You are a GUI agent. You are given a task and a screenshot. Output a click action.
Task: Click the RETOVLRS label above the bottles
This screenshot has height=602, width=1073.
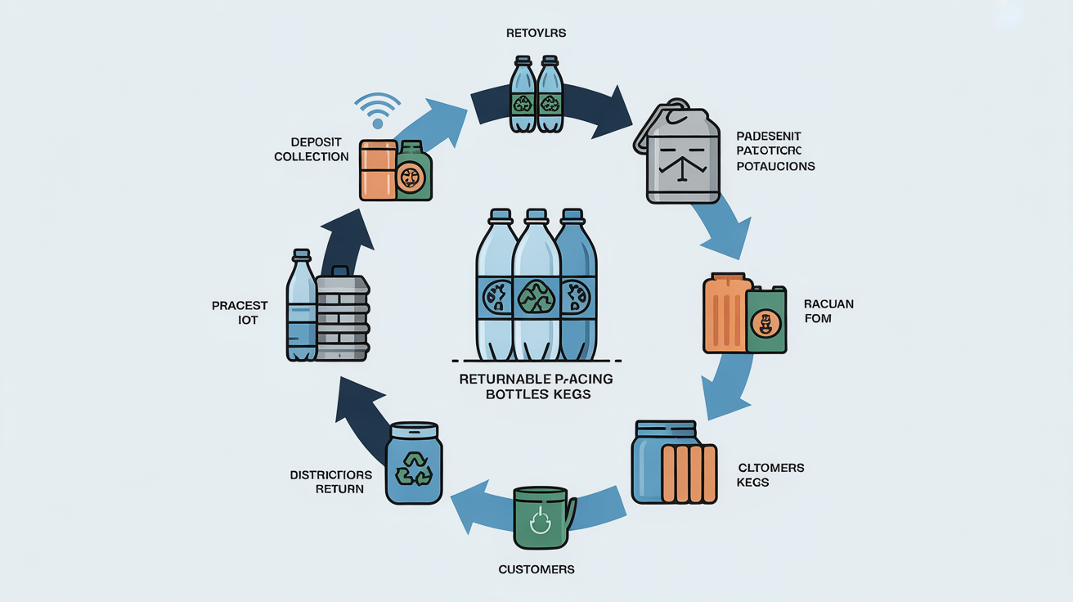536,34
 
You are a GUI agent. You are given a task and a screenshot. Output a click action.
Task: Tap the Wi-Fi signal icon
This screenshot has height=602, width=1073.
378,110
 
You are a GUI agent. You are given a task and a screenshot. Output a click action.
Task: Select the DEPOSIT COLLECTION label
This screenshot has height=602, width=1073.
311,149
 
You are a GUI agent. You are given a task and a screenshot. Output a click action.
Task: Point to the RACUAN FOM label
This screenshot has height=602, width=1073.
828,311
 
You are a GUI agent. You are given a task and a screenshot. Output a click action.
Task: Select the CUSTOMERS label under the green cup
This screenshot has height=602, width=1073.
536,568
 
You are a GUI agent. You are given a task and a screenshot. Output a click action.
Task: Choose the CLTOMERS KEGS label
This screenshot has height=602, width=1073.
770,474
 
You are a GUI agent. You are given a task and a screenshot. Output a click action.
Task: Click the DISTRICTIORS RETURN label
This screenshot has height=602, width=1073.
331,482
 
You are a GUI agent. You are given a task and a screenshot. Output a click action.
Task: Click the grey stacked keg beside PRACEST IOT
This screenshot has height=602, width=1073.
342,315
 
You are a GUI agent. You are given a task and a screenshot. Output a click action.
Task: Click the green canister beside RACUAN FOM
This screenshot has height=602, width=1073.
765,319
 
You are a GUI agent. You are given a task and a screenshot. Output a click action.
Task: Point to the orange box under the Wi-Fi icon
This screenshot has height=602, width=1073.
378,169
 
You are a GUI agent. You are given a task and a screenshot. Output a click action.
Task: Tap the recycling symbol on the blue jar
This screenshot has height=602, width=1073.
413,469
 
